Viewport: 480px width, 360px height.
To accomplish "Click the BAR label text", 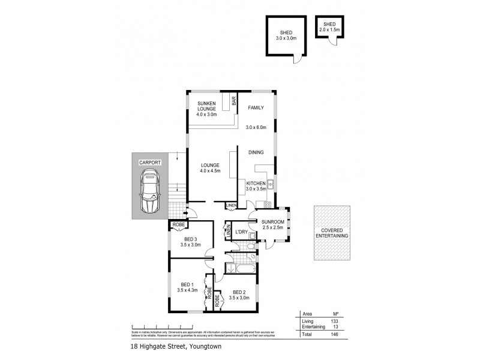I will pyautogui.click(x=235, y=103).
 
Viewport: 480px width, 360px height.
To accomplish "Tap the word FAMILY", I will pyautogui.click(x=256, y=108).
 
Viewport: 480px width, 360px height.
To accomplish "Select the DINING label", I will pyautogui.click(x=256, y=152).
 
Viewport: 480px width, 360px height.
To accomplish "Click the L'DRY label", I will pyautogui.click(x=241, y=232).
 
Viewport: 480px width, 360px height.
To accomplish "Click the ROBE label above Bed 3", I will pyautogui.click(x=178, y=226).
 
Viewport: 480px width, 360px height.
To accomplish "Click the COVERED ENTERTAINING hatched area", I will pyautogui.click(x=332, y=233).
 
